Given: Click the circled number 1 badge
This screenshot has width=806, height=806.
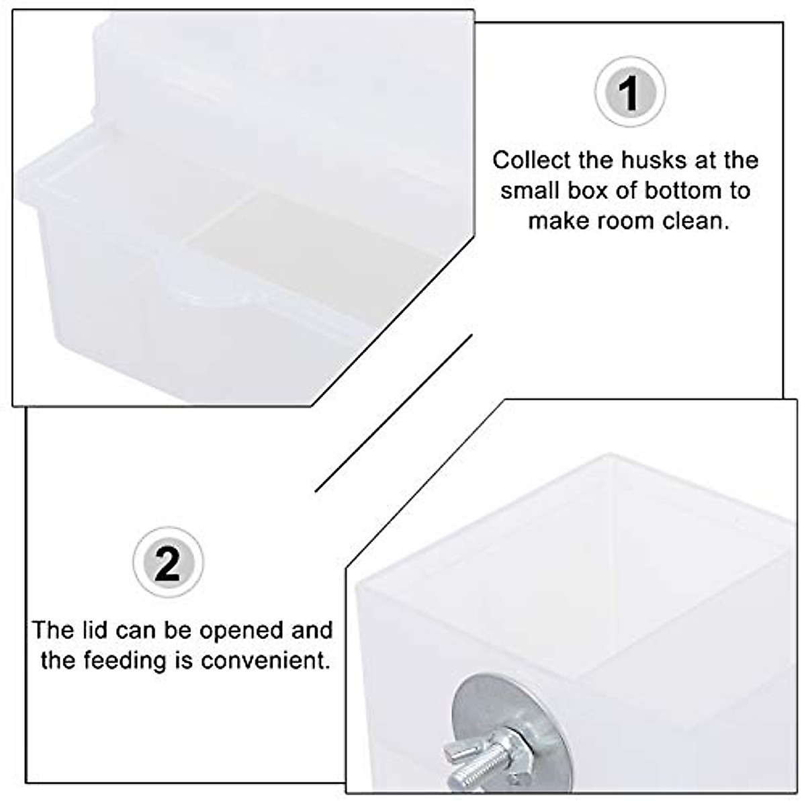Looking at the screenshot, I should point(629,92).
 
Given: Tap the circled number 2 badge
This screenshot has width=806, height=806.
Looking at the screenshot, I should point(168,563).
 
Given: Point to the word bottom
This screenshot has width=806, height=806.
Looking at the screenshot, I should point(672,191).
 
